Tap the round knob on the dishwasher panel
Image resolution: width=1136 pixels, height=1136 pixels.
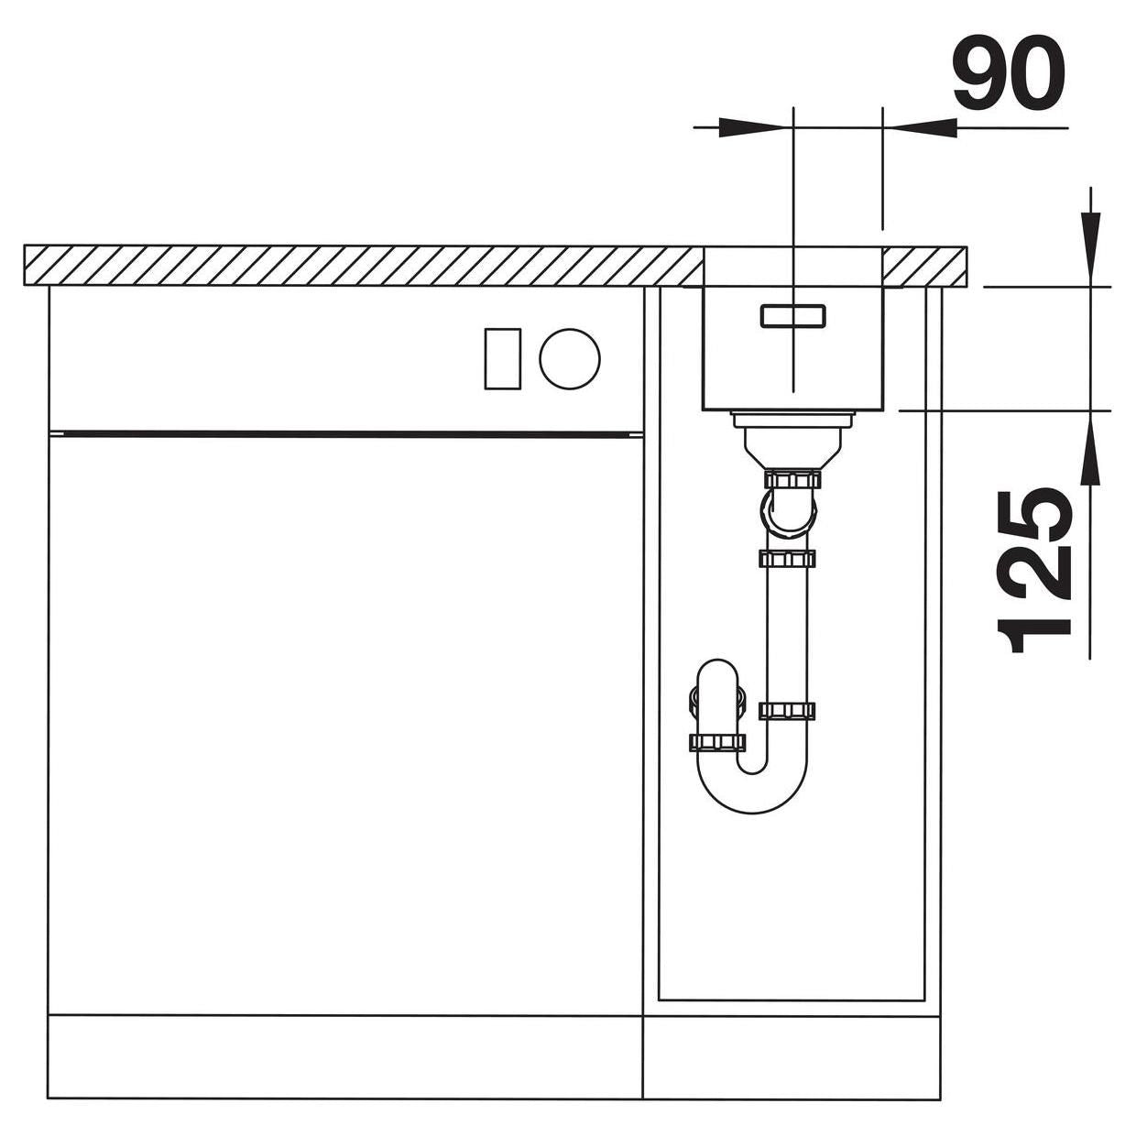point(570,358)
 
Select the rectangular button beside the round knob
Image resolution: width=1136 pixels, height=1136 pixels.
point(502,358)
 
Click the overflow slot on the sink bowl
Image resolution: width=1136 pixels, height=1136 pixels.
point(793,316)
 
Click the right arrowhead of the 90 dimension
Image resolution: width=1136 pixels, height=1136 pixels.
point(919,127)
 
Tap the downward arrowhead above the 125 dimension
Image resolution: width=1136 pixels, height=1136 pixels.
point(1090,249)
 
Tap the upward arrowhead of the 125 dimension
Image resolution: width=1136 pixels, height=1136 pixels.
point(1090,448)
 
